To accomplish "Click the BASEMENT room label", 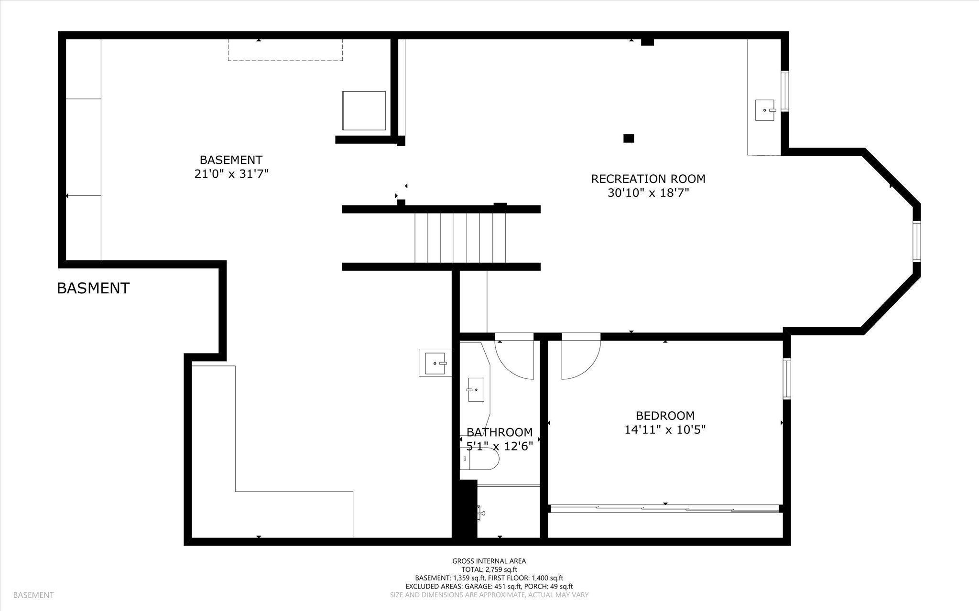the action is coord(231,160).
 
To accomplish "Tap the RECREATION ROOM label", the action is coord(648,179).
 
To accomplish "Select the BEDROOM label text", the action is coord(665,416).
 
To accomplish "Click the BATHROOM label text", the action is coord(500,432).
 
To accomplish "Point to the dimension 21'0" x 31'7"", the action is coord(231,174).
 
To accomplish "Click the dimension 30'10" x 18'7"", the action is coord(648,193).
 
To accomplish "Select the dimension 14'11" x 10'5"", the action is coord(665,430).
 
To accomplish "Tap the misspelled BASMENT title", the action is coord(93,288).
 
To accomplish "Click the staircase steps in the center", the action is coord(460,238).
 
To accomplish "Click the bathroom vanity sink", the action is coord(476,390).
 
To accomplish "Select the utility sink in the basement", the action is coord(435,363).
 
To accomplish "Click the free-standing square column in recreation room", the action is coord(629,139).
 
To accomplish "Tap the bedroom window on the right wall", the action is coord(786,378).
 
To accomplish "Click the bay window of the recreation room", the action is coord(917,241).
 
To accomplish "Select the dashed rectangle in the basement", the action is coord(285,50).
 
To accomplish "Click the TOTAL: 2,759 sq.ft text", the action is coord(489,569).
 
